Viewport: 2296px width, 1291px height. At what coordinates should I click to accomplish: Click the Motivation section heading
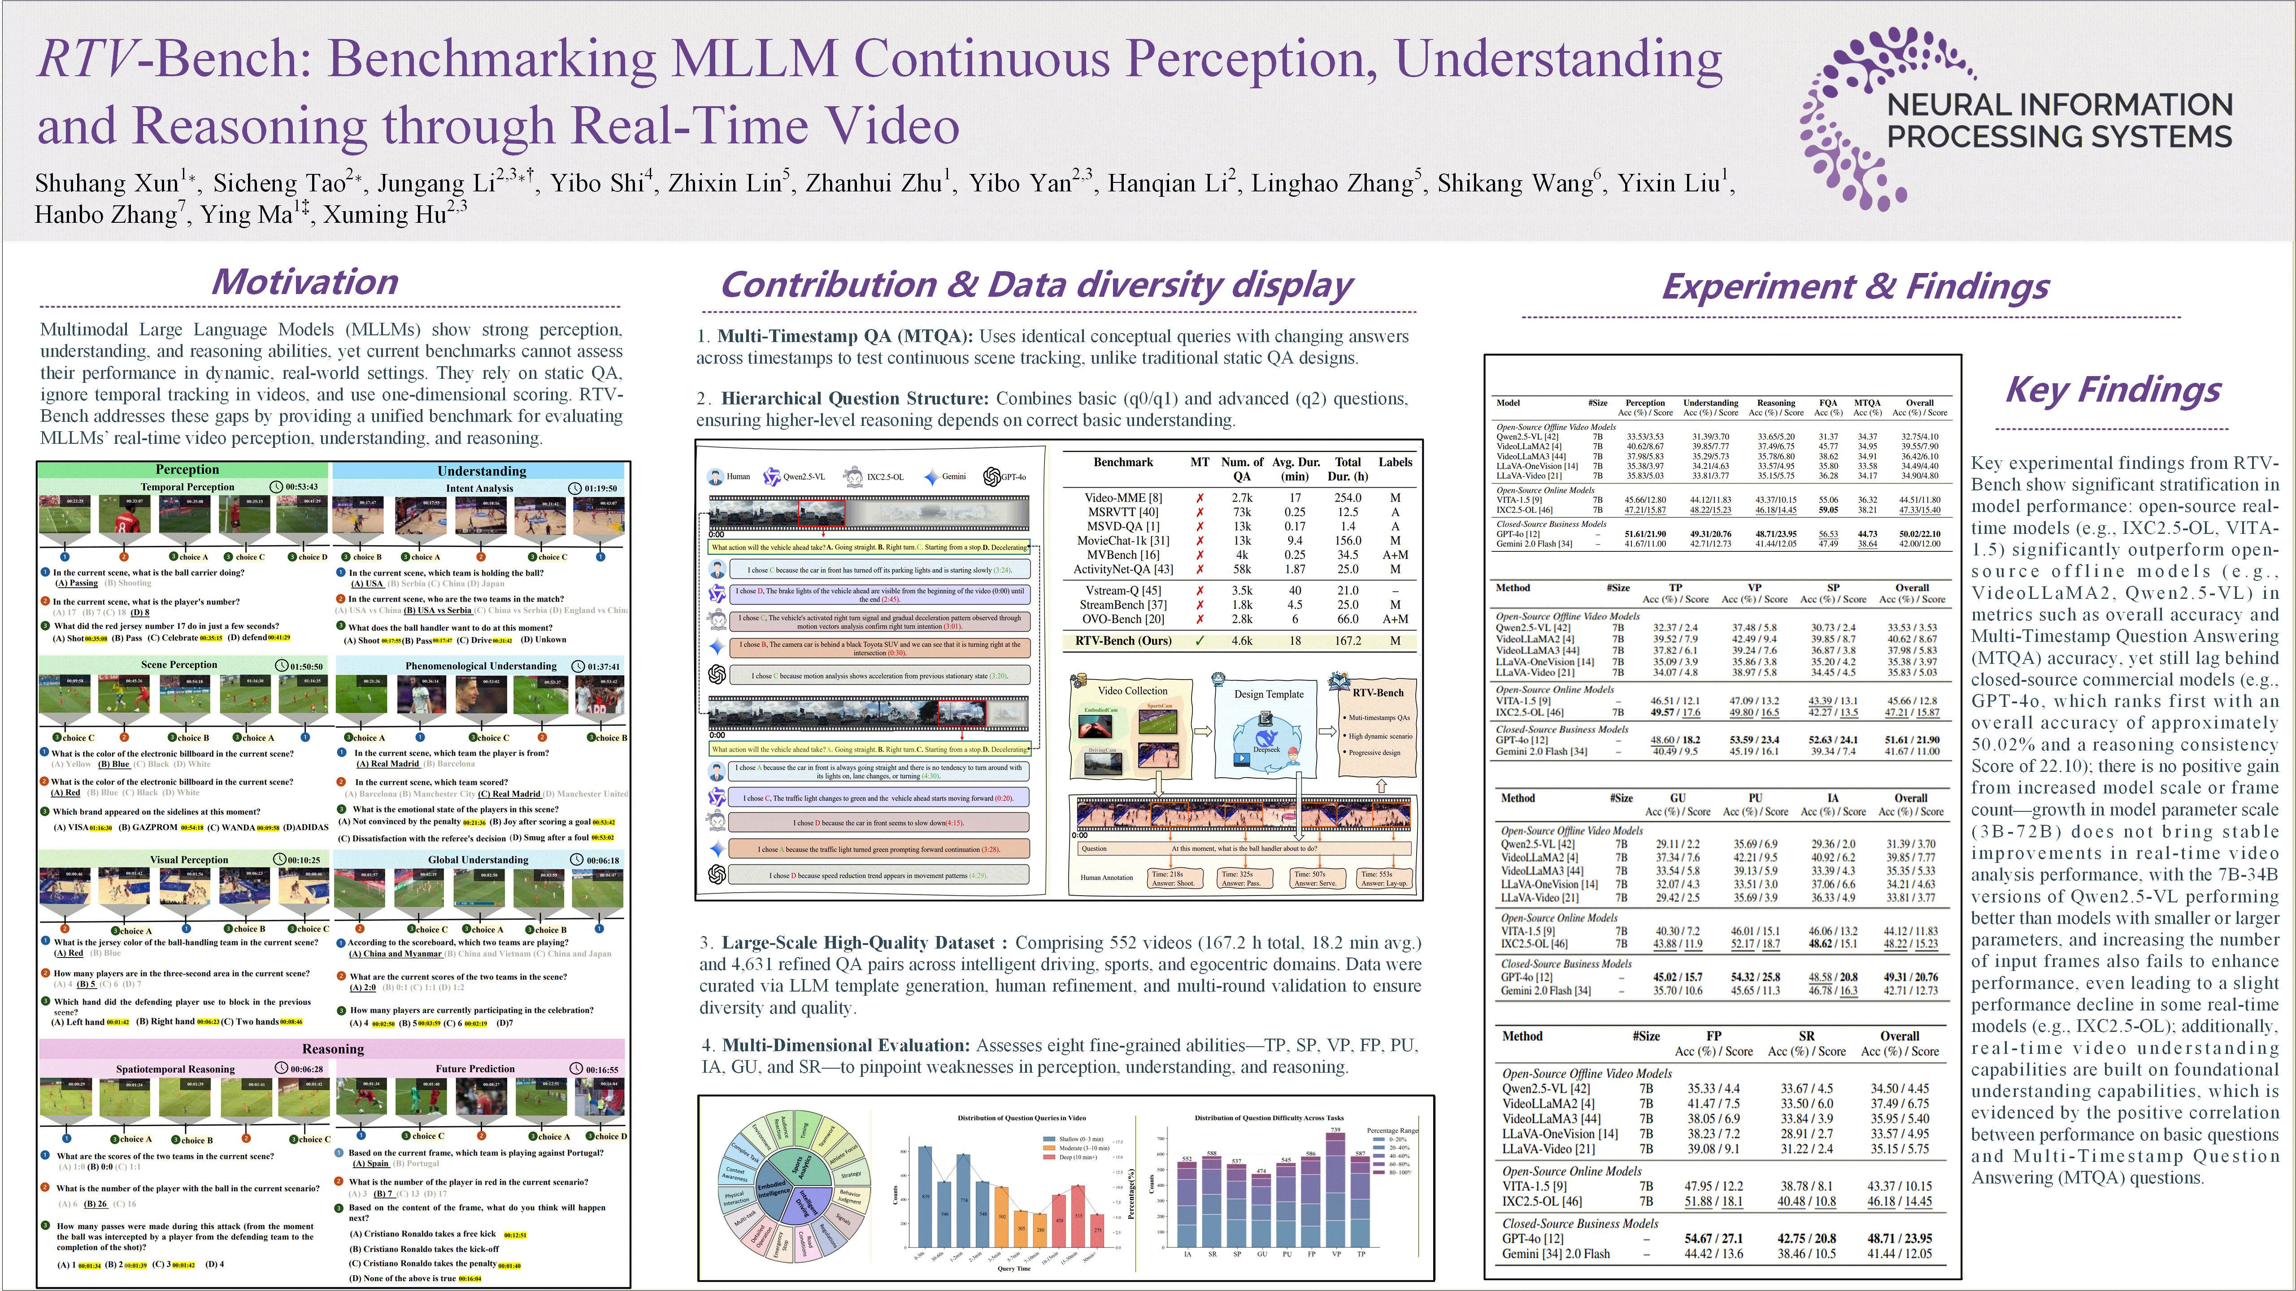pyautogui.click(x=305, y=282)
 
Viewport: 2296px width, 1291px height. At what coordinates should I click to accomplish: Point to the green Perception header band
pyautogui.click(x=186, y=469)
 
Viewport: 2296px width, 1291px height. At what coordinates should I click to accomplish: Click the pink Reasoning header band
pyautogui.click(x=332, y=1048)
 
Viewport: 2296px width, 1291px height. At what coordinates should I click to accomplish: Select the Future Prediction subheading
pyautogui.click(x=475, y=1068)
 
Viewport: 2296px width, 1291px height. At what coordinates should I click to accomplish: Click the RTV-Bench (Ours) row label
pyautogui.click(x=1123, y=641)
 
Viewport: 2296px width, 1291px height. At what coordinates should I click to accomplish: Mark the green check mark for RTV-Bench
pyautogui.click(x=1200, y=641)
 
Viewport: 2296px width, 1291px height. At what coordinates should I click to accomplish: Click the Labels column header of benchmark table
pyautogui.click(x=1395, y=463)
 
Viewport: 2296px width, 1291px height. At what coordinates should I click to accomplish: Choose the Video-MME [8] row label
pyautogui.click(x=1123, y=498)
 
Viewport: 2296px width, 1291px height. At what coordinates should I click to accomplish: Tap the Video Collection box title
pyautogui.click(x=1132, y=690)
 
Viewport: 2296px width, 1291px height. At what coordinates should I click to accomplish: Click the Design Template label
pyautogui.click(x=1268, y=694)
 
